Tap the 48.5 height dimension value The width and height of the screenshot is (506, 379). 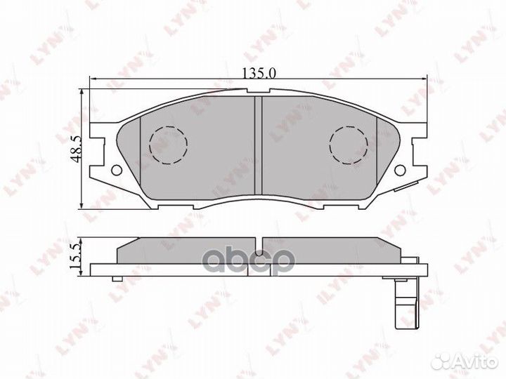pyautogui.click(x=75, y=148)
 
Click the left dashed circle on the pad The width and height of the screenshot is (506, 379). pyautogui.click(x=169, y=145)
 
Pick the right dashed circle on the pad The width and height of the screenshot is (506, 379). pyautogui.click(x=349, y=145)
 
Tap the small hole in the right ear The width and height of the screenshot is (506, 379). pyautogui.click(x=401, y=170)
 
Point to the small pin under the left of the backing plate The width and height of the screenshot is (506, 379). pyautogui.click(x=112, y=279)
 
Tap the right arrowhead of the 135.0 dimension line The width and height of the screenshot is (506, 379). pyautogui.click(x=424, y=79)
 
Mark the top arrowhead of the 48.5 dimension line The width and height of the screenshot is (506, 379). pyautogui.click(x=84, y=92)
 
